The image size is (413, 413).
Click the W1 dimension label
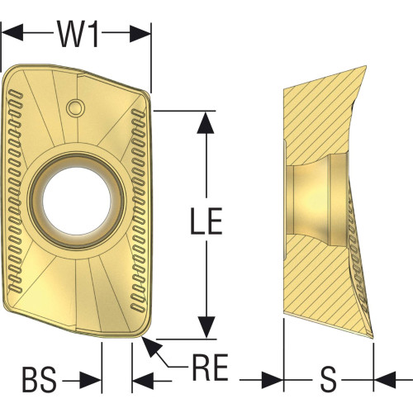click(78, 34)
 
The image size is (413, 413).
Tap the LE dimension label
click(206, 221)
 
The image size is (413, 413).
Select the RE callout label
click(210, 367)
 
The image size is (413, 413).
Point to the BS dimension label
click(40, 380)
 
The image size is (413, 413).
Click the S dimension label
click(329, 379)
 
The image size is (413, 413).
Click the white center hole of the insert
click(77, 201)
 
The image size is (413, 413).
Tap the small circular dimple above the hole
click(75, 107)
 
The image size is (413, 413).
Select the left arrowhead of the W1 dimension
click(12, 32)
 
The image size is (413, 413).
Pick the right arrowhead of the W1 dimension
click(140, 34)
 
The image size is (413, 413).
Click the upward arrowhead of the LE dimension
click(206, 122)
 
